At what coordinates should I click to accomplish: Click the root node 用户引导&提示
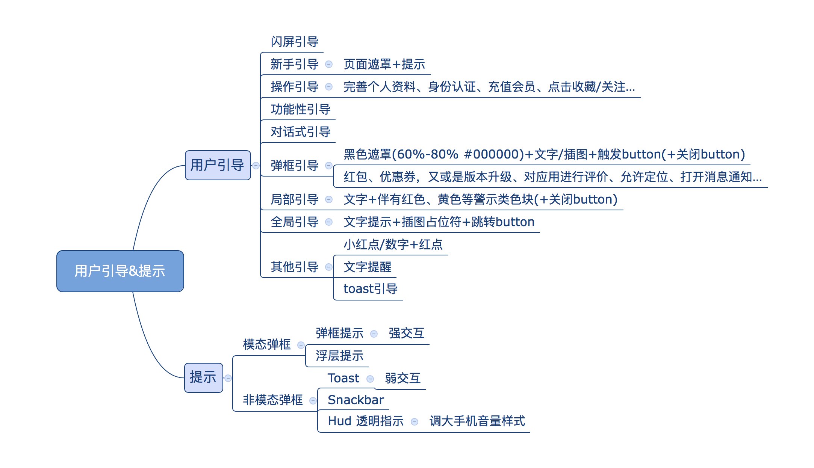[x=120, y=271]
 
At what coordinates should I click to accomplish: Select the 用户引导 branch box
[x=218, y=165]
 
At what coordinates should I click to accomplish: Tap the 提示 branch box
[x=203, y=377]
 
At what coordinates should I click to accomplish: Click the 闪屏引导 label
[x=295, y=42]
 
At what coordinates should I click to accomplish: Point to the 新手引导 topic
[x=295, y=64]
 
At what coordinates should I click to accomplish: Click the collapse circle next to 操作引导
[x=329, y=87]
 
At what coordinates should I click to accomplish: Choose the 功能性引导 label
[x=301, y=109]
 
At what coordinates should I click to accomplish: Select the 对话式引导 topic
[x=301, y=132]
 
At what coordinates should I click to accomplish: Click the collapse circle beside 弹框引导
[x=329, y=166]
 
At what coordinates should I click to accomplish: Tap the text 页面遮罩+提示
[x=384, y=64]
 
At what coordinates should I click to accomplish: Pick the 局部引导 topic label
[x=295, y=199]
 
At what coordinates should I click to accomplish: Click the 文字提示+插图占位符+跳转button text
[x=439, y=222]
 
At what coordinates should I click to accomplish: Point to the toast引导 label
[x=371, y=289]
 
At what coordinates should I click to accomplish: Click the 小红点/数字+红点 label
[x=393, y=245]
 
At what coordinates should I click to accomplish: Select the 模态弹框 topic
[x=267, y=344]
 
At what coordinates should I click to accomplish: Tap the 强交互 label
[x=407, y=333]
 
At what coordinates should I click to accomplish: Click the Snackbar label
[x=356, y=400]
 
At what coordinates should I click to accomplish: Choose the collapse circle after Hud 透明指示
[x=415, y=422]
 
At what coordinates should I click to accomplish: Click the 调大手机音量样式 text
[x=477, y=421]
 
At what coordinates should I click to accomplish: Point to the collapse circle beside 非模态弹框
[x=313, y=401]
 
